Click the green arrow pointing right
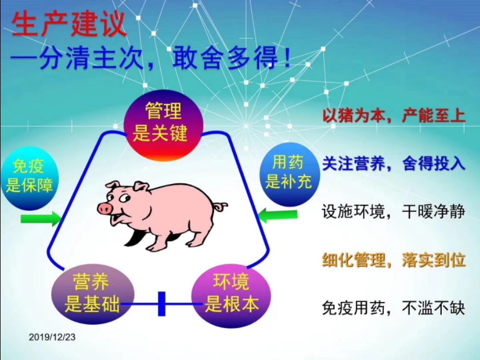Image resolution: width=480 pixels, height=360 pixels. point(41,218)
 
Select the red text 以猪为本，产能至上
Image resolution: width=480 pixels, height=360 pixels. point(393,116)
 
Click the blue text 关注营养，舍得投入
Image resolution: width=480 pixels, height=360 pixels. point(393,164)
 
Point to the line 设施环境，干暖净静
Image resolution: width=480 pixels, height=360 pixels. point(393,212)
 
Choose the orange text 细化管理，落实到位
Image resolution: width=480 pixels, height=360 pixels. point(393,260)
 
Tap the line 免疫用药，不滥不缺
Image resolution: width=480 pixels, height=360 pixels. point(393,308)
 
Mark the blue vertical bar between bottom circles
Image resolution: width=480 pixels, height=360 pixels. point(162,304)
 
